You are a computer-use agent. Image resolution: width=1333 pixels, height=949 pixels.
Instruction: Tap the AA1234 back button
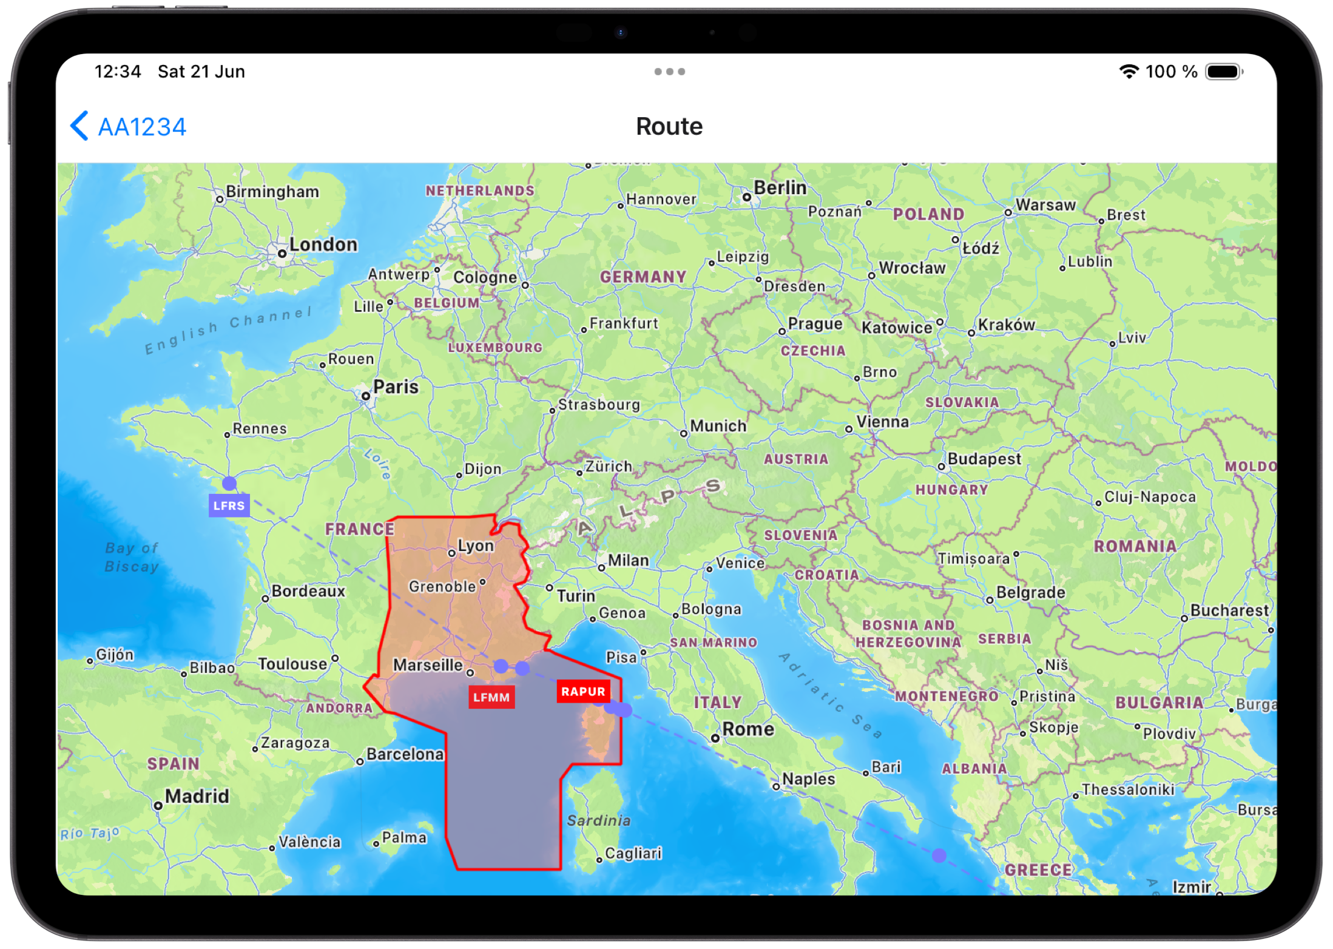[129, 127]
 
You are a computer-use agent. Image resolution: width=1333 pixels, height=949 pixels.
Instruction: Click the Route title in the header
[669, 126]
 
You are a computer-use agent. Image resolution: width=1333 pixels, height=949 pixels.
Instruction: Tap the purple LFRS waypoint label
[229, 505]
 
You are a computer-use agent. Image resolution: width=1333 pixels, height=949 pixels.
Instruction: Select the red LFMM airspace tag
[491, 697]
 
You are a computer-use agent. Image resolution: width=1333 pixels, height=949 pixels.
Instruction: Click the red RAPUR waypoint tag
[582, 692]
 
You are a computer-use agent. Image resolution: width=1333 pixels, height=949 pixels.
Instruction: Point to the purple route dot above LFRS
[229, 483]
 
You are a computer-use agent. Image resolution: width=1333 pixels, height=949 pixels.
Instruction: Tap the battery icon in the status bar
[1223, 72]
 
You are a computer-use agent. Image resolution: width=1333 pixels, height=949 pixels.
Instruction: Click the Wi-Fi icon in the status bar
[1128, 72]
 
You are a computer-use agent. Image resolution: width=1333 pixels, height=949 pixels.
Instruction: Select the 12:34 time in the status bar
[118, 72]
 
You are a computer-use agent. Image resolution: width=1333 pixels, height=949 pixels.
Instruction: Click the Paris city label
[396, 387]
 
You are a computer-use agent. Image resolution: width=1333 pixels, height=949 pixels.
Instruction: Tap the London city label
[323, 245]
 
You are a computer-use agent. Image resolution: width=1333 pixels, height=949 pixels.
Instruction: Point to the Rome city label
[747, 729]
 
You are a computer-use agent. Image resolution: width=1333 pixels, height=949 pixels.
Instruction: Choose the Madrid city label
[197, 796]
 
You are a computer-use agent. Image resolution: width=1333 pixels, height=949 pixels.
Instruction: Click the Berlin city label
[780, 188]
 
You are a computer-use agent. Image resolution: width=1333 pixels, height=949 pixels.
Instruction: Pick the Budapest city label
[984, 459]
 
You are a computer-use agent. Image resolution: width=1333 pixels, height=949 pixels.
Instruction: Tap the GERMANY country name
[643, 277]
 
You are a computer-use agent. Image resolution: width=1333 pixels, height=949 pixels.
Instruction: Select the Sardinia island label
[598, 820]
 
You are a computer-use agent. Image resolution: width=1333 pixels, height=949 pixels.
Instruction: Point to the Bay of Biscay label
[132, 557]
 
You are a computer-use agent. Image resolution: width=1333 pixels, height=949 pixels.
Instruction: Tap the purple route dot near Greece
[939, 855]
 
